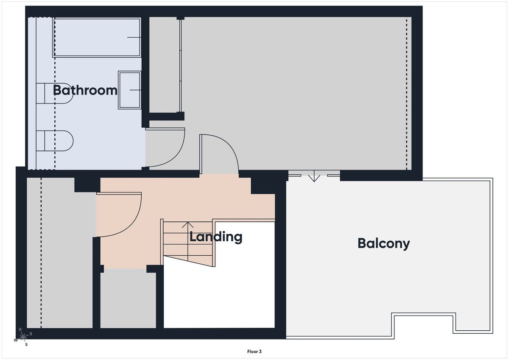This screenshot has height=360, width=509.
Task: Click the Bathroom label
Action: point(85,90)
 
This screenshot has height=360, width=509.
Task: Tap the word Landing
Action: point(215,237)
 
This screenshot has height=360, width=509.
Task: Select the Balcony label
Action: point(383,244)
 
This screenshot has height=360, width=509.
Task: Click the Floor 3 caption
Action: point(254,352)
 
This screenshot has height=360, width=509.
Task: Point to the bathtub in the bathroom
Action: point(97,37)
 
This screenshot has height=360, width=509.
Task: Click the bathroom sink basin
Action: point(129,90)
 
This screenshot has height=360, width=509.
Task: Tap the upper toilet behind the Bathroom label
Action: point(55,93)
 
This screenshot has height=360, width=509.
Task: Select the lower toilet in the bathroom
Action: point(55,141)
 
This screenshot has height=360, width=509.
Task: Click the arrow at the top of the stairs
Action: point(187,225)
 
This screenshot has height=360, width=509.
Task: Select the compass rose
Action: point(23,337)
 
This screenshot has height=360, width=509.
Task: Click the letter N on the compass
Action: point(20,329)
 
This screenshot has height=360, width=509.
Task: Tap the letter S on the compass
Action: point(26,345)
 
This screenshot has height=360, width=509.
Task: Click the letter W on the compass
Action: point(16,340)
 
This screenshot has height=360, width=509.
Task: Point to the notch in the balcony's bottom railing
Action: point(424,325)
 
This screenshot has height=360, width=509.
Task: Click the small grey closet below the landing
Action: point(128,299)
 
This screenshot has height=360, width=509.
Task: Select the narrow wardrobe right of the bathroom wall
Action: point(165,65)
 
